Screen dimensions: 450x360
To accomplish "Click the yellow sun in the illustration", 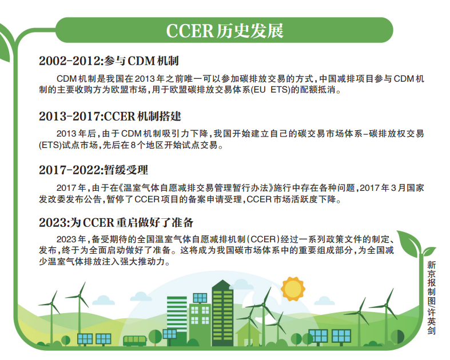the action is pyautogui.click(x=292, y=289).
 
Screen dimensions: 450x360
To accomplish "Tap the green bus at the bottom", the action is pyautogui.click(x=134, y=341).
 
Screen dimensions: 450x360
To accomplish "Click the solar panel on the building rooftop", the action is pyautogui.click(x=200, y=298).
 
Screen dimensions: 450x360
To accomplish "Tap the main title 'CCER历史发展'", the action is pyautogui.click(x=225, y=30).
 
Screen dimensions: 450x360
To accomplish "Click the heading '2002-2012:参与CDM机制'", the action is pyautogui.click(x=109, y=61).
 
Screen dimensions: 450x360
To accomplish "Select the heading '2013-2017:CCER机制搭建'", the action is pyautogui.click(x=110, y=116).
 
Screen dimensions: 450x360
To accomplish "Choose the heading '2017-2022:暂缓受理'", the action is pyautogui.click(x=94, y=170).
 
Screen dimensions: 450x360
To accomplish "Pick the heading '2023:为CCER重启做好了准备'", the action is pyautogui.click(x=116, y=222).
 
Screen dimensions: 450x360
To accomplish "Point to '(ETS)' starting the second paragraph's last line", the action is pyautogui.click(x=50, y=145).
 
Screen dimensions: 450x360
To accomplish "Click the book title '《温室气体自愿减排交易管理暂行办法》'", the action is pyautogui.click(x=195, y=188).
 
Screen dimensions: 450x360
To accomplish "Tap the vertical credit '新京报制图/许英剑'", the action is pyautogui.click(x=431, y=298).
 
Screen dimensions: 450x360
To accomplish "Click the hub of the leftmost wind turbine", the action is pyautogui.click(x=51, y=303).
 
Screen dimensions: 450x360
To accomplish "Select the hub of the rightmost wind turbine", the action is pyautogui.click(x=386, y=306).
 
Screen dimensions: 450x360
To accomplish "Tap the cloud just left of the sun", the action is pyautogui.click(x=242, y=284).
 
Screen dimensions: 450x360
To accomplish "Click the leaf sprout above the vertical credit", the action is pyautogui.click(x=414, y=244).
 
